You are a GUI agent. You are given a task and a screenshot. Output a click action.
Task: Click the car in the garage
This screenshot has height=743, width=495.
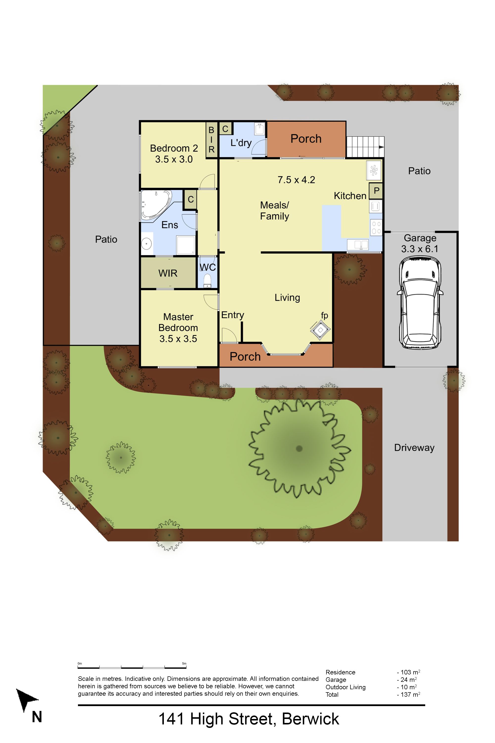(420, 303)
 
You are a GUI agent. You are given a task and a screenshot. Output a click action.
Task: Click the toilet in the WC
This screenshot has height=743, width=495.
(207, 281)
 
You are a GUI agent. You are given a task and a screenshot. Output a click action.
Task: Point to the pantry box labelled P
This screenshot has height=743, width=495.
(376, 191)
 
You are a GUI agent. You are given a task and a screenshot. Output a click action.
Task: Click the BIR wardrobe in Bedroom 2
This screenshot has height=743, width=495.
(212, 140)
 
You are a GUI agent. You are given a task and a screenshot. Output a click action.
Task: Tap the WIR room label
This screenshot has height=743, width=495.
(168, 273)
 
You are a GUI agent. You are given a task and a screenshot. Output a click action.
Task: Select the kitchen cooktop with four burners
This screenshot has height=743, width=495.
(376, 227)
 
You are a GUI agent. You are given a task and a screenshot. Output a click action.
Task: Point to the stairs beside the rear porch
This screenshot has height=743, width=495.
(365, 147)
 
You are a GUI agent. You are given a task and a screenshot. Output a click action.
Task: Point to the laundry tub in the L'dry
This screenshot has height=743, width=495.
(259, 129)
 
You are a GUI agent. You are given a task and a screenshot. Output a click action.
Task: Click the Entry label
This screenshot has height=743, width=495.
(233, 315)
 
